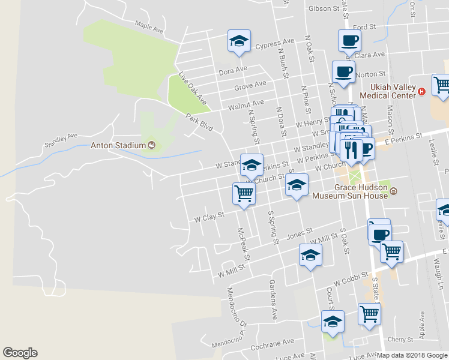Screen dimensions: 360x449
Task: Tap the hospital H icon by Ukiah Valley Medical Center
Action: click(421, 91)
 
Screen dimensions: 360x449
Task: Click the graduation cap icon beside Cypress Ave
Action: click(238, 41)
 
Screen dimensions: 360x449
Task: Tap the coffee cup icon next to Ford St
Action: click(349, 40)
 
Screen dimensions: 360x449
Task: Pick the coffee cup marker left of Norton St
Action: click(343, 71)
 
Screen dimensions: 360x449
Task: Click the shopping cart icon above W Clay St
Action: click(244, 193)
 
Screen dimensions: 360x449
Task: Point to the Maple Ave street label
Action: click(149, 26)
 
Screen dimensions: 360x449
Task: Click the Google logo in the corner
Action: click(20, 353)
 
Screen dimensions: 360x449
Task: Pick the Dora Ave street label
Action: click(233, 71)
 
